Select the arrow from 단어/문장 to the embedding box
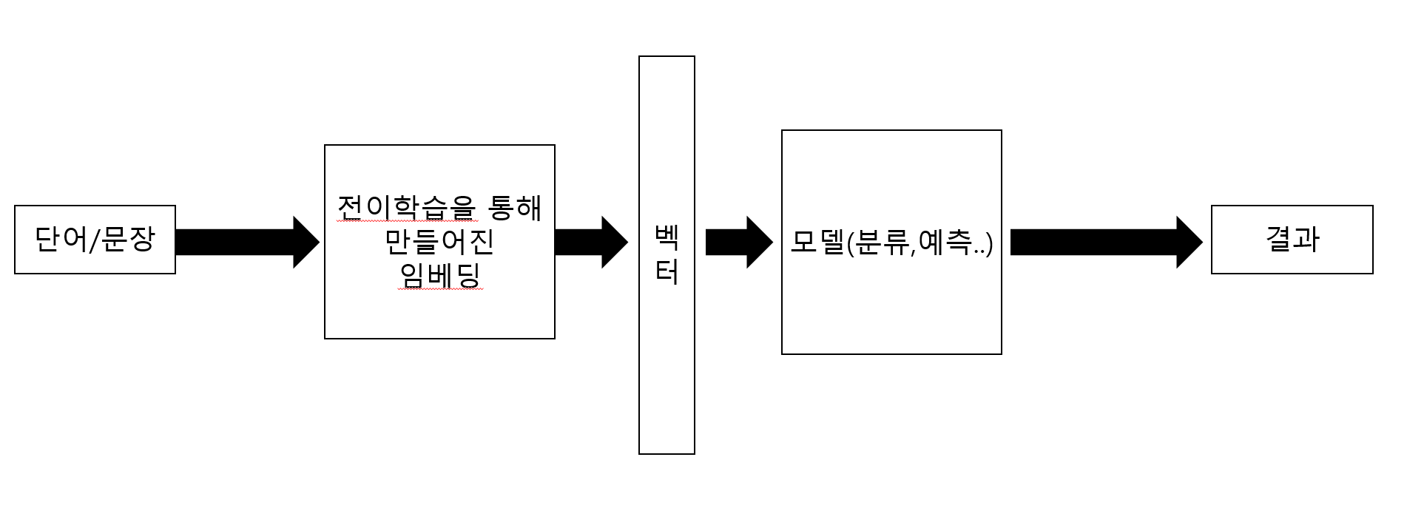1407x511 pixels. coord(246,242)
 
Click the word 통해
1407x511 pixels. coord(515,208)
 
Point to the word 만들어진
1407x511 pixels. coord(439,242)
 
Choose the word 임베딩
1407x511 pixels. coord(439,275)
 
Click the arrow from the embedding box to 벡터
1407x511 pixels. coord(590,242)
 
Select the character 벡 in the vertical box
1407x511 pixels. coord(667,237)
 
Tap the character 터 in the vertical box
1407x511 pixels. coord(667,274)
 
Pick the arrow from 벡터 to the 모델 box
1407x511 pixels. coord(738,242)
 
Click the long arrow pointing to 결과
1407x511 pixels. coord(1105,242)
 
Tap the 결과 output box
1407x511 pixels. coord(1292,240)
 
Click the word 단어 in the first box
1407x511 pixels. coord(61,240)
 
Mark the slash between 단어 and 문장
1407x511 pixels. coord(94,240)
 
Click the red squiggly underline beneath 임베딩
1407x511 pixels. coord(439,290)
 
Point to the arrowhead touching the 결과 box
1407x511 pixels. coord(1190,242)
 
